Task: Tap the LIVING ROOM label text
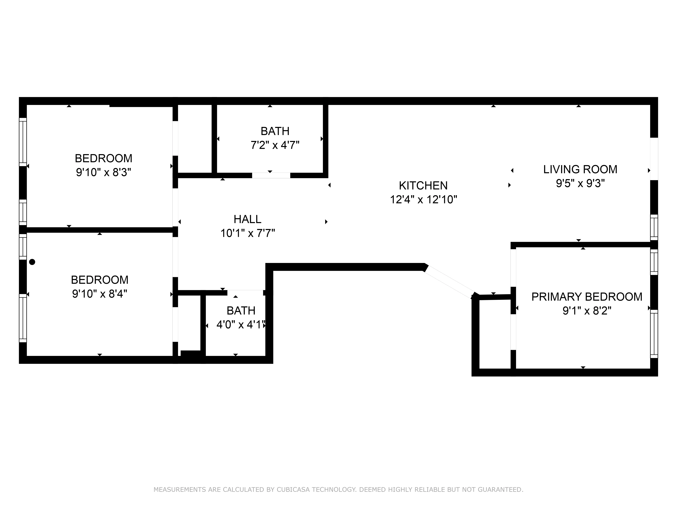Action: [580, 169]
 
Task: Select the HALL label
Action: [247, 219]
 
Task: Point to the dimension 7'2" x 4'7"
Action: [275, 145]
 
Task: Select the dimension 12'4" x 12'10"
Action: [423, 200]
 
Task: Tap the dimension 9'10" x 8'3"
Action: [103, 172]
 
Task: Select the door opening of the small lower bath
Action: [245, 293]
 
